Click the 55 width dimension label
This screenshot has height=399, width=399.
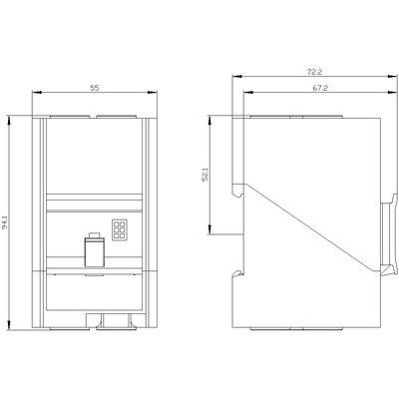95,88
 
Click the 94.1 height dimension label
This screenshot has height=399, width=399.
5,222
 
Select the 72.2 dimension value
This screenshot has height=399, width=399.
314,72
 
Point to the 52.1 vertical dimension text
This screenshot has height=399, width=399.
204,175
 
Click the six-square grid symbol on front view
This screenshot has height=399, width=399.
120,229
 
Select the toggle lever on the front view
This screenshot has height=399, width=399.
95,252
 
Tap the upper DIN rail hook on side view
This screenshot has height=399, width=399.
238,190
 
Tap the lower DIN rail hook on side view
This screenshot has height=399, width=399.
238,273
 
